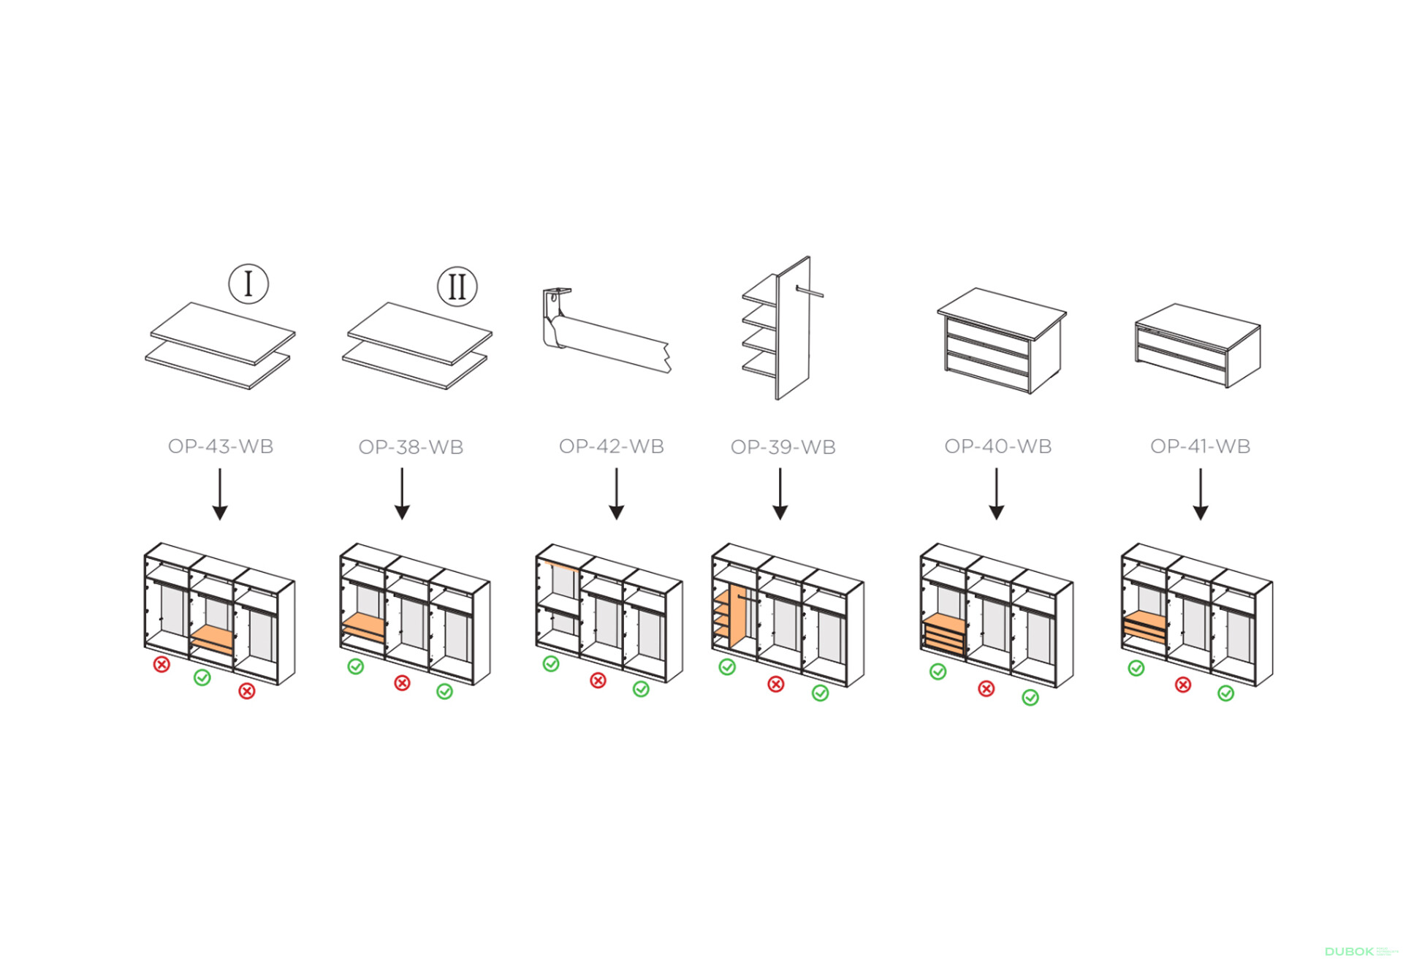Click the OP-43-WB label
221,446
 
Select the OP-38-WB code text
411,447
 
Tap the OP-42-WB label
611,446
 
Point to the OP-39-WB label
783,447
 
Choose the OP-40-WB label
997,446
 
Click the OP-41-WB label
1200,446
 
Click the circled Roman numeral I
248,283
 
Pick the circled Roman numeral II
457,286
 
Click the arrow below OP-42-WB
616,494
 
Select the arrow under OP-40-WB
996,494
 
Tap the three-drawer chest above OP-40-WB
1001,340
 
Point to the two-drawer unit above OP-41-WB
1198,345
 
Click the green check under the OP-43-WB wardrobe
202,677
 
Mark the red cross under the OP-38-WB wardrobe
402,683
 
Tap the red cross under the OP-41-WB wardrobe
1183,685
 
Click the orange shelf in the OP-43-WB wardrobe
213,636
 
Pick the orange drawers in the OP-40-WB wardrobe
943,633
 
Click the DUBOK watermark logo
1349,951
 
